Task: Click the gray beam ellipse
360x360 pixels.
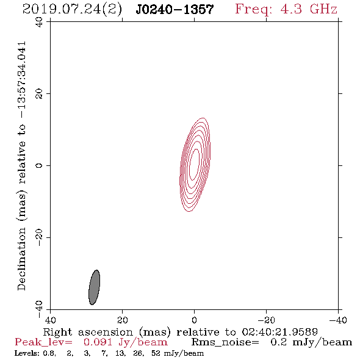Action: (94, 287)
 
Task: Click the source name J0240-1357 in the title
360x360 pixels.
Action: (175, 9)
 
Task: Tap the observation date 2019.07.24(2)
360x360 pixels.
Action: (72, 10)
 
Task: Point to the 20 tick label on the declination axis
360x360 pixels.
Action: (39, 94)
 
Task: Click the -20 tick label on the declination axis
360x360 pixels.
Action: (39, 237)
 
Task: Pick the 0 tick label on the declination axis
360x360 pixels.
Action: (39, 165)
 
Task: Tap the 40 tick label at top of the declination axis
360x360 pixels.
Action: (39, 22)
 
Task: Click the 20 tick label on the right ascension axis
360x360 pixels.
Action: (123, 320)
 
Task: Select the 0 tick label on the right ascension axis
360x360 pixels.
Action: (194, 320)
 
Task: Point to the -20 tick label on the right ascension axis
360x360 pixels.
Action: (266, 320)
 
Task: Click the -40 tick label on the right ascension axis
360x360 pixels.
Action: (338, 320)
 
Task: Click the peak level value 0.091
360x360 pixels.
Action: (98, 342)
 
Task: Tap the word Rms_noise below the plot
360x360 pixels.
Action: (225, 342)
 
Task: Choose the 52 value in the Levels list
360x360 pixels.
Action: (156, 353)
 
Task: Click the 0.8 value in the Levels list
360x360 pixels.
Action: (49, 353)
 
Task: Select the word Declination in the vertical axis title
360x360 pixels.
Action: (21, 259)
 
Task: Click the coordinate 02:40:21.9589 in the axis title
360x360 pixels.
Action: (279, 332)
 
